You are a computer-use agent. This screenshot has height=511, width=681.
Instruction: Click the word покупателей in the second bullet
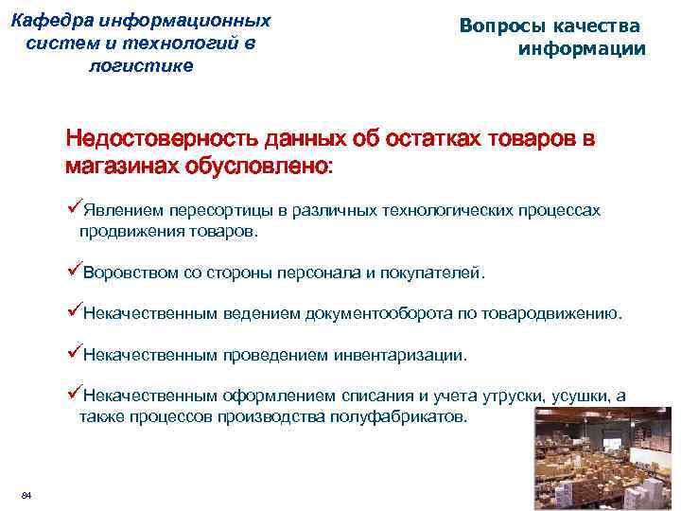[x=438, y=274]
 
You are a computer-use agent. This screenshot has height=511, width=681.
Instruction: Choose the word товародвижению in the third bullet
[x=552, y=314]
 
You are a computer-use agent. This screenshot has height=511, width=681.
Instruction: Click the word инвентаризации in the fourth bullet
[x=397, y=356]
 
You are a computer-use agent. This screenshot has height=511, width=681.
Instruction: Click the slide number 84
[x=26, y=497]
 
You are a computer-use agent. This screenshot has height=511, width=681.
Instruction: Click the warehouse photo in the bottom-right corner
[x=604, y=459]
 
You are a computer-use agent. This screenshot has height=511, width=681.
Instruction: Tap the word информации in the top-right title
[x=582, y=49]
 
